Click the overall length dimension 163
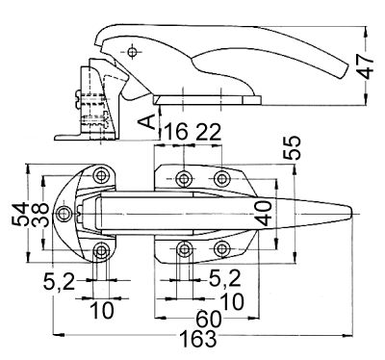[x=197, y=339]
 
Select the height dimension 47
[x=366, y=66]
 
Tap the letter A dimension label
[x=146, y=122]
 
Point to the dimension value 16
[x=176, y=132]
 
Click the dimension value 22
[x=209, y=132]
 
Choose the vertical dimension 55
[x=292, y=148]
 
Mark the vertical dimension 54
[x=20, y=214]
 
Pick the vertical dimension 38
[x=41, y=214]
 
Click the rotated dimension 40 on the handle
[x=265, y=213]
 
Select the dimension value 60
[x=209, y=319]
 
